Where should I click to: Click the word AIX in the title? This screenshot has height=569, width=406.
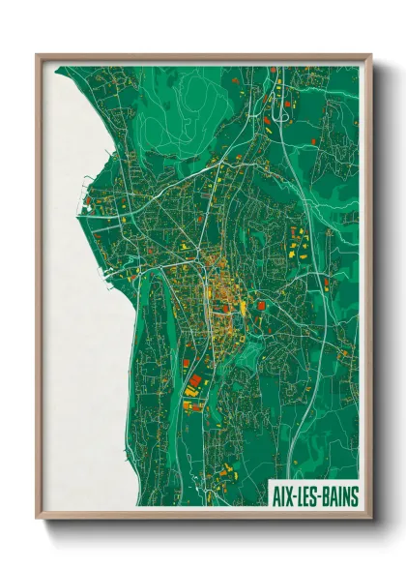281,496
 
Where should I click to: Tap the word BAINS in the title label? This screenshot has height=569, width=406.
338,496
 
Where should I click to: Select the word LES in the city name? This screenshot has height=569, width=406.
307,496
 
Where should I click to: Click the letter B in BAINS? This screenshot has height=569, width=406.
325,496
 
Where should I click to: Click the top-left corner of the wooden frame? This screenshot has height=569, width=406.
37,55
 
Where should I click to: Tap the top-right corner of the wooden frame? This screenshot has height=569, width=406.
370,55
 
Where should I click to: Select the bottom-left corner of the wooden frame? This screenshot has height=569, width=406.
37,520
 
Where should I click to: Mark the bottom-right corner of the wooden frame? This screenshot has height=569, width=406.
370,520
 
